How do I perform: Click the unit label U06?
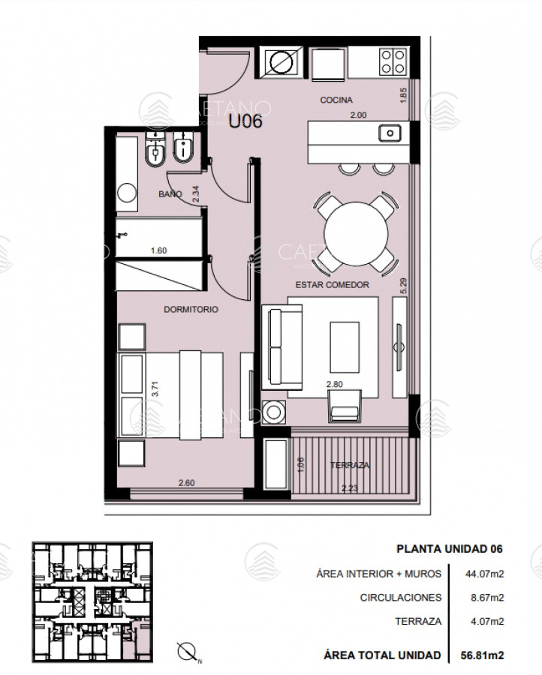(245, 121)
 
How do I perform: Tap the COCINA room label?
(336, 100)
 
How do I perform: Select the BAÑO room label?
(170, 194)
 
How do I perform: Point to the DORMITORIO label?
(191, 309)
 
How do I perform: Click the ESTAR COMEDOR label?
(332, 284)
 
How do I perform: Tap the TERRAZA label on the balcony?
(349, 465)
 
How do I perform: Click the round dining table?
(355, 233)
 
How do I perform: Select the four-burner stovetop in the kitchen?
(393, 61)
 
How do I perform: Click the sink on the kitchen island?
(390, 133)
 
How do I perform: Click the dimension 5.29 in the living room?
(403, 286)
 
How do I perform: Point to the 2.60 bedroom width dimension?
(187, 483)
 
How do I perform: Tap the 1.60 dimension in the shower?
(158, 250)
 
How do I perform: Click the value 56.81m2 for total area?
(482, 655)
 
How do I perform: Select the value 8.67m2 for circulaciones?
(487, 598)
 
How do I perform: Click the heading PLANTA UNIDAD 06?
(450, 549)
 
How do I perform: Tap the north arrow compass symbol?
(187, 651)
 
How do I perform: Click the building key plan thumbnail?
(92, 601)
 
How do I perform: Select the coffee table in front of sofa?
(345, 347)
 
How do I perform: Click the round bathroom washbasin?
(127, 193)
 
